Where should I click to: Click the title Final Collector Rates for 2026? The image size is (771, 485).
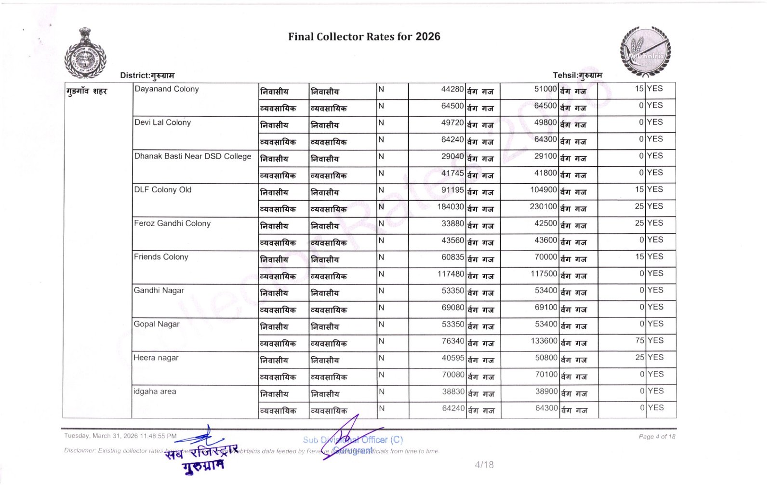pyautogui.click(x=364, y=37)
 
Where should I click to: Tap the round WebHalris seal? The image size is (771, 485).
pyautogui.click(x=645, y=52)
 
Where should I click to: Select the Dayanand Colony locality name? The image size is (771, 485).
pyautogui.click(x=167, y=89)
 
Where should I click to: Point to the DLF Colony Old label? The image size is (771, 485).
pyautogui.click(x=163, y=190)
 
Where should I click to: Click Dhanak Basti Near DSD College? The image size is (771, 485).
pyautogui.click(x=193, y=156)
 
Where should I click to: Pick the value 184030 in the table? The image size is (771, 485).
pyautogui.click(x=451, y=207)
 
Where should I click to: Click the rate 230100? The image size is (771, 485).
pyautogui.click(x=544, y=206)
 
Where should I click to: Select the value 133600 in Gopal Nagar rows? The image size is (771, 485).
pyautogui.click(x=544, y=341)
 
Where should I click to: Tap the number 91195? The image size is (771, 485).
pyautogui.click(x=452, y=190)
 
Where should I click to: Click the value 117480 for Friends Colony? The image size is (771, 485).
pyautogui.click(x=451, y=274)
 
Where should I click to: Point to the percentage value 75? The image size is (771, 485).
pyautogui.click(x=639, y=340)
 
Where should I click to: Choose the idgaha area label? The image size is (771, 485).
pyautogui.click(x=155, y=391)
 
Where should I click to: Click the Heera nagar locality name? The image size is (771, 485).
pyautogui.click(x=156, y=358)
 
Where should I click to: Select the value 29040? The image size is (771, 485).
pyautogui.click(x=452, y=156)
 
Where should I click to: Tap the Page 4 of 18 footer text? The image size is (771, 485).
pyautogui.click(x=657, y=437)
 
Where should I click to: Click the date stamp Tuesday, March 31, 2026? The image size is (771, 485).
pyautogui.click(x=120, y=436)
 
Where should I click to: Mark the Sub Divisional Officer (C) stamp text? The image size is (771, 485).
pyautogui.click(x=353, y=440)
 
